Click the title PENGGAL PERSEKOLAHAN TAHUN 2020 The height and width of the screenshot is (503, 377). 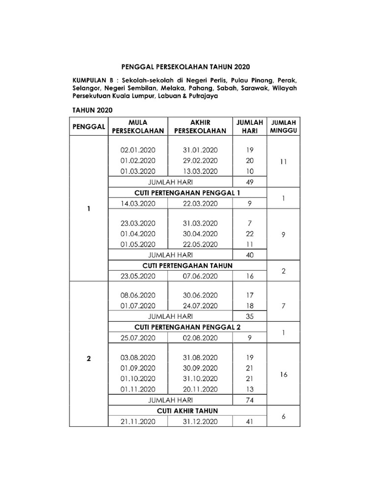point(188,66)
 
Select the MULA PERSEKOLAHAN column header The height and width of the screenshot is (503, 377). point(138,126)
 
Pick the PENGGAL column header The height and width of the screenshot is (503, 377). point(89,126)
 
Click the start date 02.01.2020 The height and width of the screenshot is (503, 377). point(138,150)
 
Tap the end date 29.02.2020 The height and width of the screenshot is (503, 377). point(200,161)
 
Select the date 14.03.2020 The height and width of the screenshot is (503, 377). point(138,203)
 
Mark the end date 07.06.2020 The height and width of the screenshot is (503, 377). point(200,276)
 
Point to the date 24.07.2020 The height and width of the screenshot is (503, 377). point(200,306)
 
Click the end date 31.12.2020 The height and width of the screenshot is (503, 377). point(200,421)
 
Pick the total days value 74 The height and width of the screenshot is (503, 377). point(249,400)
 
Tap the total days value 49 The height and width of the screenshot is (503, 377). point(249,182)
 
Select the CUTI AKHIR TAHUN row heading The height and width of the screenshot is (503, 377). point(187,411)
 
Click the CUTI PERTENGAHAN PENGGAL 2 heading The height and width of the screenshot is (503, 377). point(187,327)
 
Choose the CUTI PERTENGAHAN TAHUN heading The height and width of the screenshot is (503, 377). point(187,266)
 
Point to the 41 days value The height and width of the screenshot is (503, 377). point(249,421)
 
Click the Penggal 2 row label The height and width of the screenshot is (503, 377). point(89,359)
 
